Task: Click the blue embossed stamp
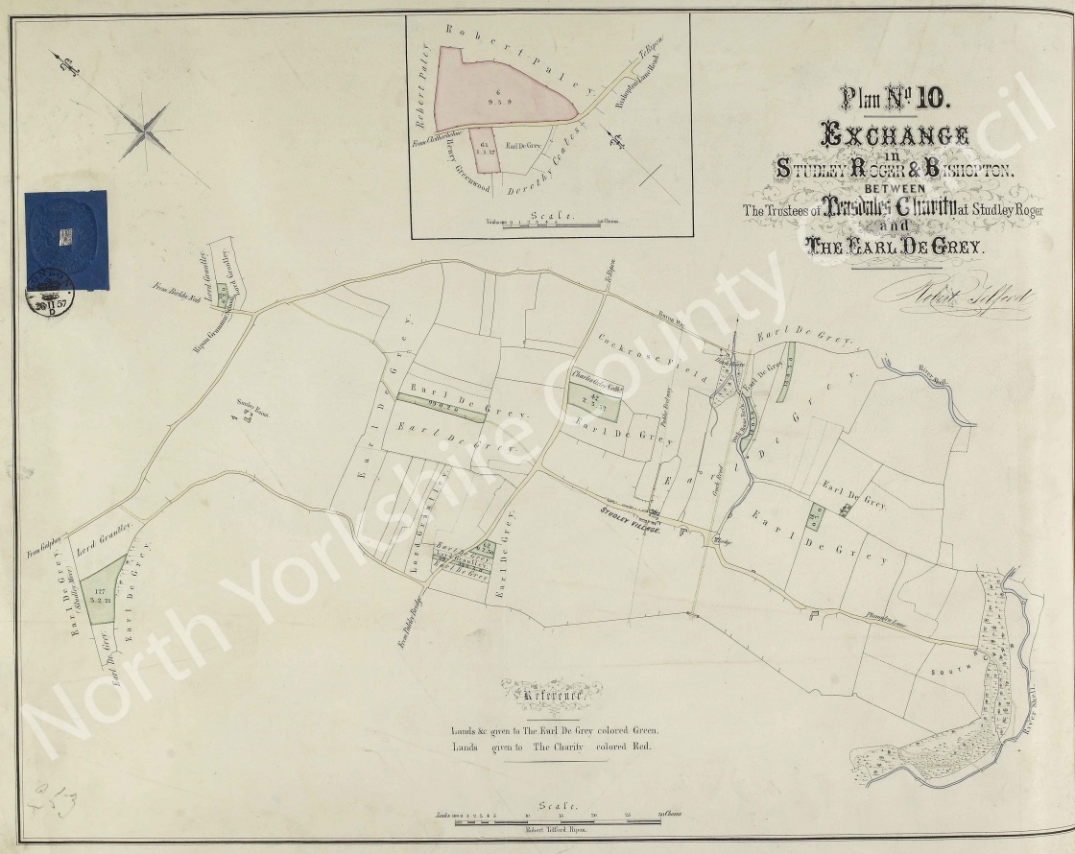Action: pyautogui.click(x=65, y=240)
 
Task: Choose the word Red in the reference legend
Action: pyautogui.click(x=638, y=747)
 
